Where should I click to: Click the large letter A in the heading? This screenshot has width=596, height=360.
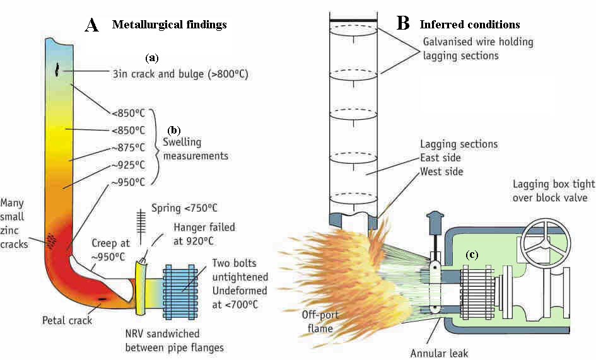(x=91, y=25)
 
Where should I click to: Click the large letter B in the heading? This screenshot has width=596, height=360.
(x=404, y=23)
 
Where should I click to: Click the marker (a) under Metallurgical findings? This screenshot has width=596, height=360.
(x=151, y=57)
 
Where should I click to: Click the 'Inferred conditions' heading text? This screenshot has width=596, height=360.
(x=470, y=25)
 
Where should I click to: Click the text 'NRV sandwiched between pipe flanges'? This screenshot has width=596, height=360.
(x=176, y=341)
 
